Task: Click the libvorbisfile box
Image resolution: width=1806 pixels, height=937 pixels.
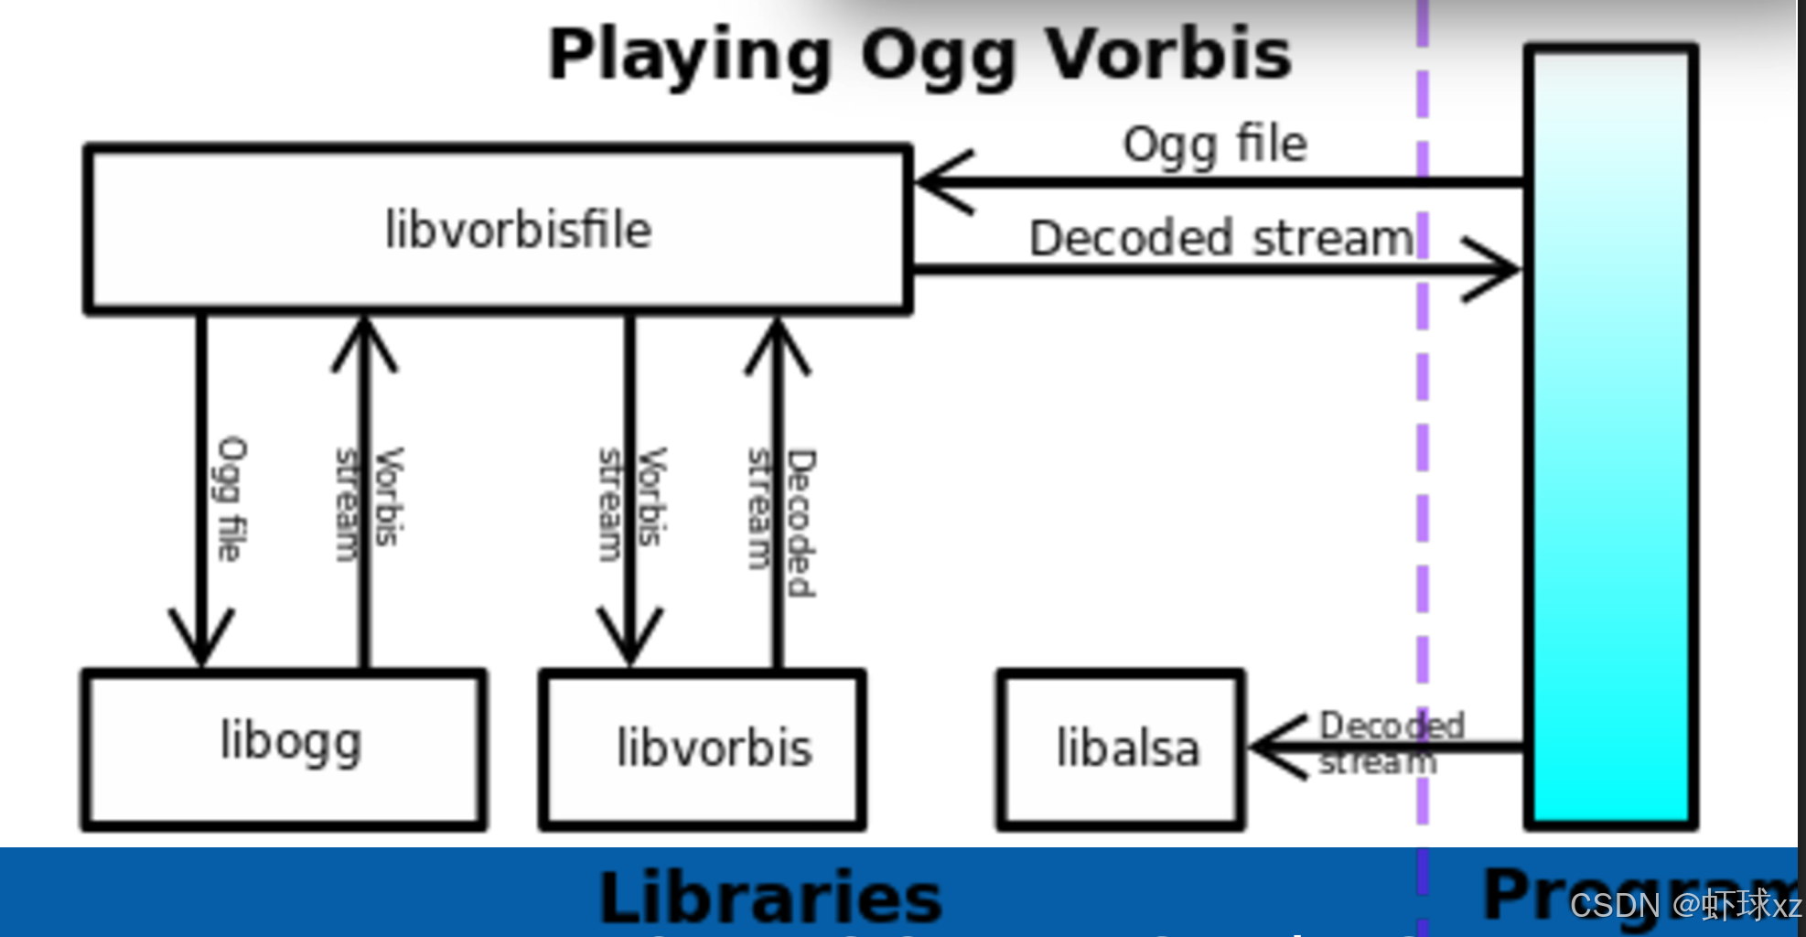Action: click(499, 229)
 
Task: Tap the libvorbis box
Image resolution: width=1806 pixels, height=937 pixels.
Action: click(703, 749)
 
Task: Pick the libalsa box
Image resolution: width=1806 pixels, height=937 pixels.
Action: click(1122, 749)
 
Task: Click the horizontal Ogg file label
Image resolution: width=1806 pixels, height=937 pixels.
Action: click(1215, 145)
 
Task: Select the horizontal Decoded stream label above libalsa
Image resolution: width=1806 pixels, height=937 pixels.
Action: click(1221, 239)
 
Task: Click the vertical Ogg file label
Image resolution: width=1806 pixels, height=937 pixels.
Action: click(231, 499)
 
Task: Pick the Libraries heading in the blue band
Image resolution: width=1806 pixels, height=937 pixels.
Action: click(770, 897)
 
